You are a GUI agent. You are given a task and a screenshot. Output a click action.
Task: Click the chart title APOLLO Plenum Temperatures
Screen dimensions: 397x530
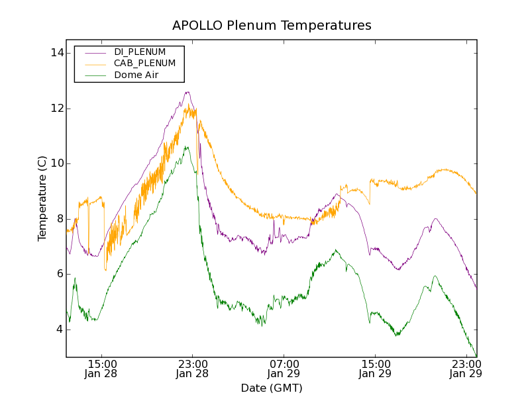[272, 26]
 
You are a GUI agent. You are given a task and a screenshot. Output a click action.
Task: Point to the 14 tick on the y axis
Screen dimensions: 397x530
[56, 53]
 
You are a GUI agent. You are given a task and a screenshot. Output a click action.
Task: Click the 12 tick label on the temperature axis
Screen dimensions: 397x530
[56, 109]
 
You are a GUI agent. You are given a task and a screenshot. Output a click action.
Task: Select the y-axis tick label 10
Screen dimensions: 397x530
[56, 163]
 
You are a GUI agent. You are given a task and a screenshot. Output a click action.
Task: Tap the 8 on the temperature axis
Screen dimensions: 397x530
[59, 219]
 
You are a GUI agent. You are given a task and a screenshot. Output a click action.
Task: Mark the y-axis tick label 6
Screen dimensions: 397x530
[59, 274]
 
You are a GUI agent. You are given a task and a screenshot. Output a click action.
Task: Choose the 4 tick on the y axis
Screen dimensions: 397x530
[59, 330]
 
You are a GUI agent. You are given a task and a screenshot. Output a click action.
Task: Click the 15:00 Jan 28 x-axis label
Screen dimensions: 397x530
[101, 369]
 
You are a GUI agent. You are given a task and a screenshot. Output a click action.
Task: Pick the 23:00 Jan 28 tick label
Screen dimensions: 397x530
[193, 369]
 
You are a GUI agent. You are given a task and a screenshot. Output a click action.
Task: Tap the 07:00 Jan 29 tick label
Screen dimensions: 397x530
[284, 369]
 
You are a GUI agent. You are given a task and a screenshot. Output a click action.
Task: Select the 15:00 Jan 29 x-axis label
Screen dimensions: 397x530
[376, 369]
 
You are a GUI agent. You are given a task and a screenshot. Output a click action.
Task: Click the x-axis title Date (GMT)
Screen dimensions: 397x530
[272, 388]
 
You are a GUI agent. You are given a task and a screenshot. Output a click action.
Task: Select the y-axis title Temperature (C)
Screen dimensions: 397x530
[42, 198]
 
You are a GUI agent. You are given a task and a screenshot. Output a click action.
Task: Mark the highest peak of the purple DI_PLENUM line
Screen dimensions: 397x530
[188, 92]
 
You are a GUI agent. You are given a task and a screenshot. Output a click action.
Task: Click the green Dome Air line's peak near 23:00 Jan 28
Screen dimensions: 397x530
[187, 147]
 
